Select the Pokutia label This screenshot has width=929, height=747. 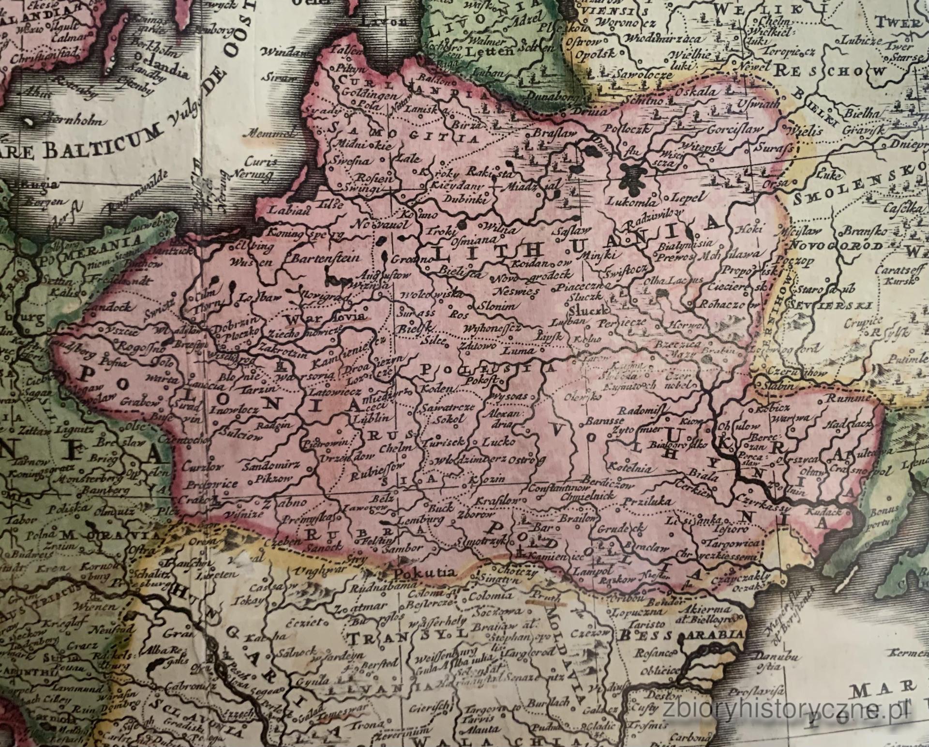[425, 573]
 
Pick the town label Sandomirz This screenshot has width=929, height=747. [277, 466]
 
